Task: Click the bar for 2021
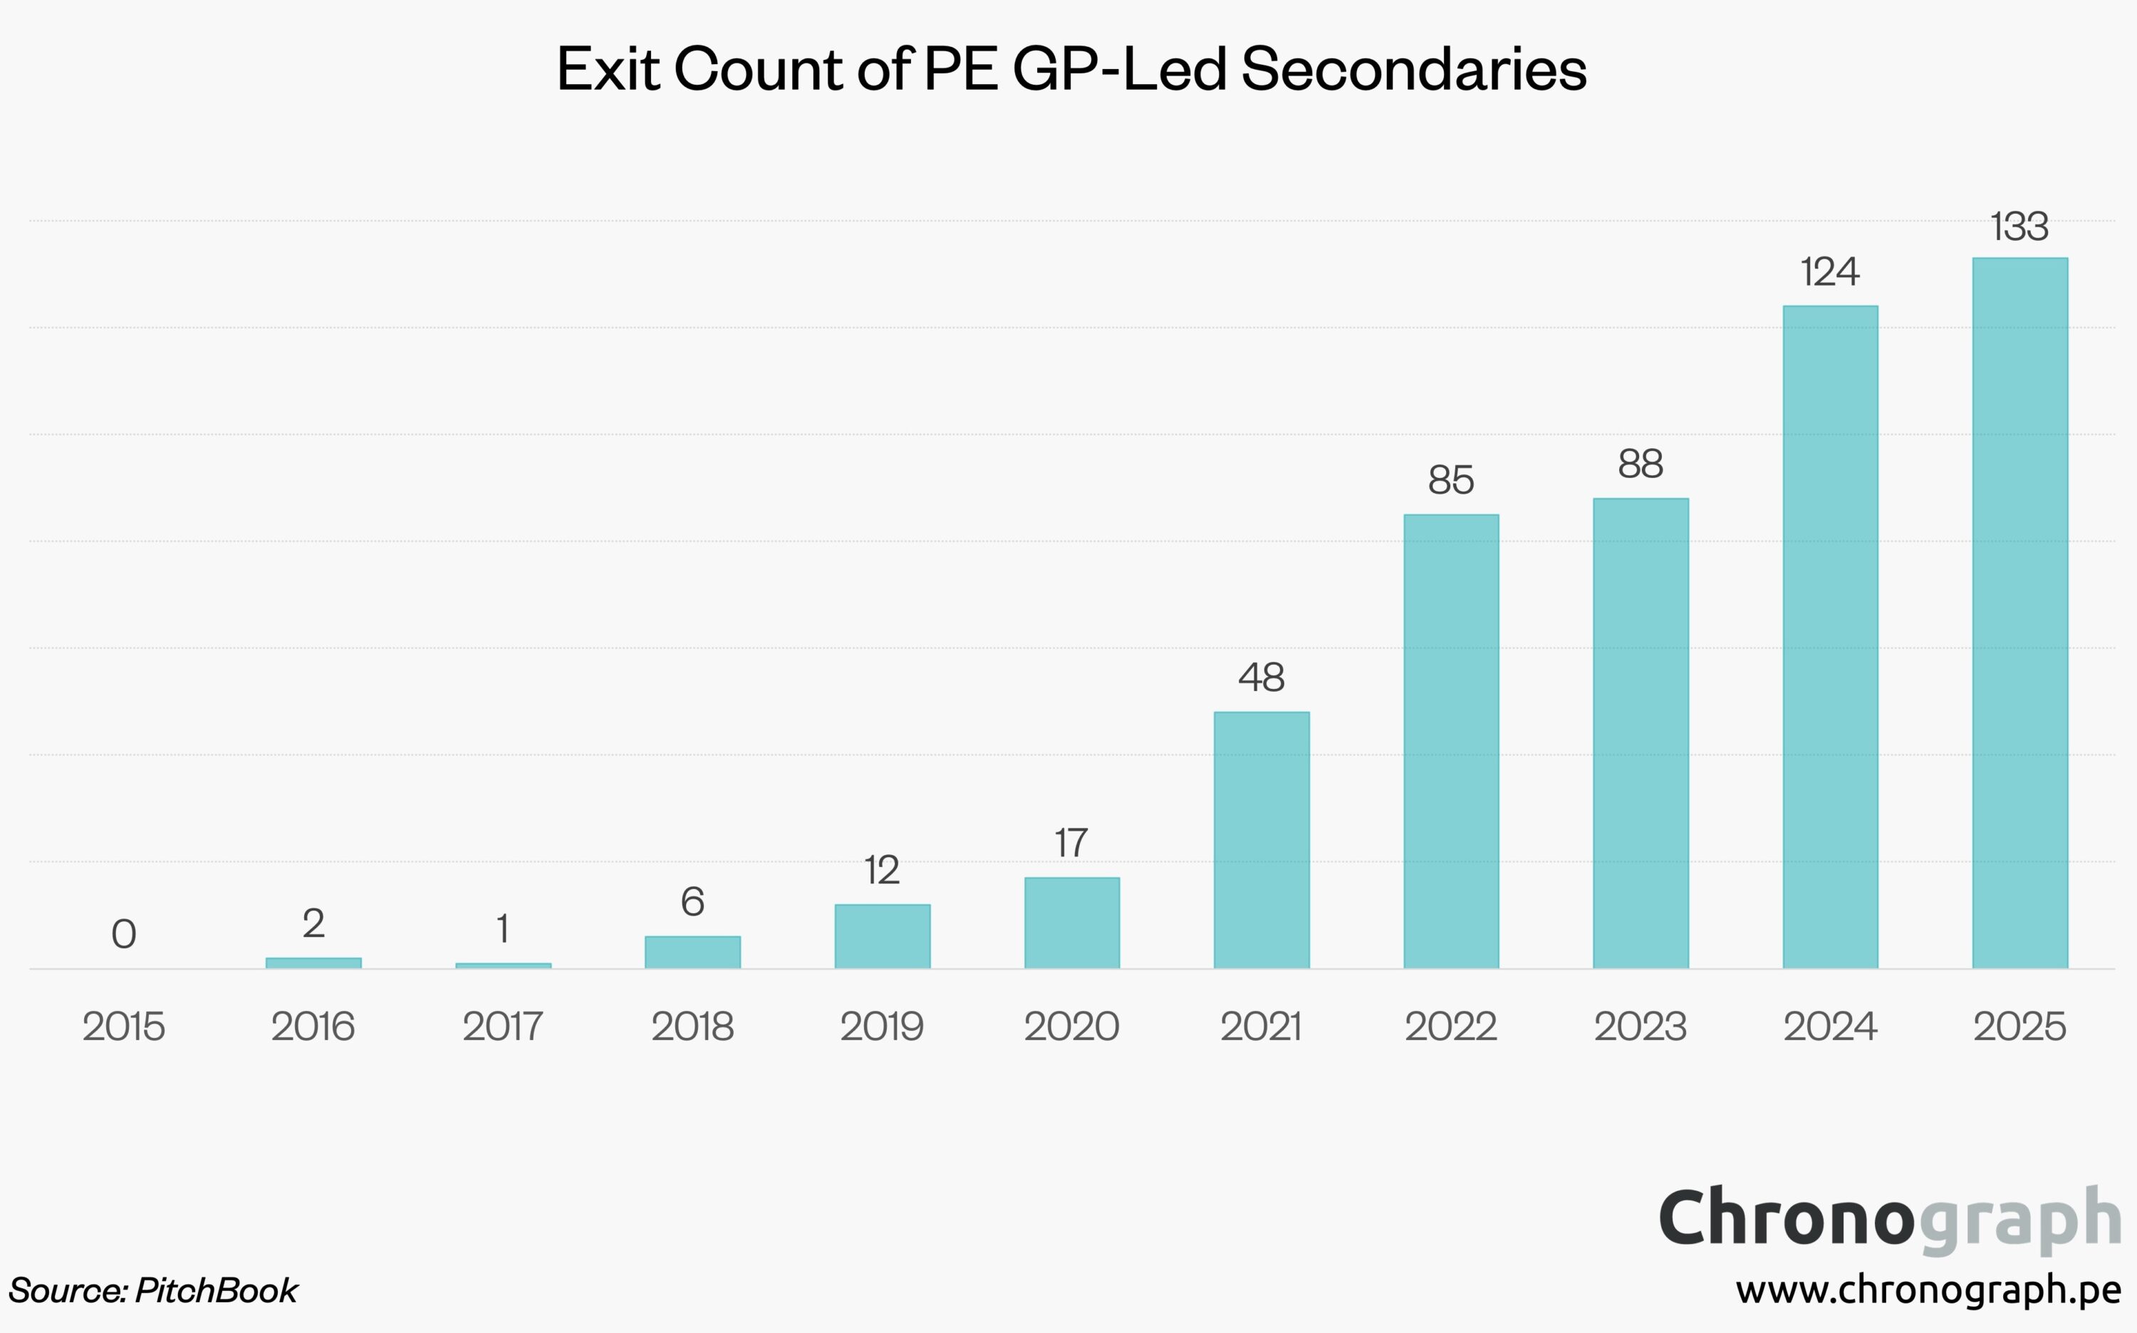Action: (x=1261, y=839)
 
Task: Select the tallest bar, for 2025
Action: (x=2019, y=613)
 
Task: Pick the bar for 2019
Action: (x=882, y=936)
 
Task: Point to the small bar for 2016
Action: (x=313, y=963)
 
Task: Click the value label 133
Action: (x=2019, y=227)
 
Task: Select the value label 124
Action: (x=1829, y=271)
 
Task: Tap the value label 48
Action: (x=1261, y=677)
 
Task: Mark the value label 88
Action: (x=1640, y=464)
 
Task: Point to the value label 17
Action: (x=1071, y=843)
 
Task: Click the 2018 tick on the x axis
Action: (x=692, y=1026)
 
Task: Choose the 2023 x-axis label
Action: (x=1640, y=1026)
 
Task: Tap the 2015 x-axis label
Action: (x=124, y=1026)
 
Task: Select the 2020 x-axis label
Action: (x=1071, y=1026)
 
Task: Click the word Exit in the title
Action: (x=608, y=69)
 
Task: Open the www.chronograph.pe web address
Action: (x=1928, y=1290)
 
